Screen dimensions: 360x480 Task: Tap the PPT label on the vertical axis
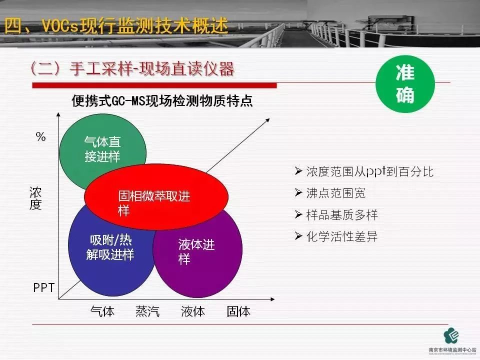[x=43, y=287]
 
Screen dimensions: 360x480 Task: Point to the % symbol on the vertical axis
[x=40, y=136]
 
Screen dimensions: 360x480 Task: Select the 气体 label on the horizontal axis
[x=102, y=311]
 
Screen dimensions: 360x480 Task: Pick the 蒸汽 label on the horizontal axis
[x=147, y=311]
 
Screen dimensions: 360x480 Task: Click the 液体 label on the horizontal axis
[x=193, y=311]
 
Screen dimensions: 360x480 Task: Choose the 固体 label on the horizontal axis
[x=238, y=311]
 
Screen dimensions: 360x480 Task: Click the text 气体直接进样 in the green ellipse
[x=102, y=149]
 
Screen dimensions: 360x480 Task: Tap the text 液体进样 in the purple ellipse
[x=196, y=252]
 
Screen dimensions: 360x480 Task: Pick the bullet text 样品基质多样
[x=342, y=215]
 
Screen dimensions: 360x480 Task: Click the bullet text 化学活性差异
[x=342, y=236]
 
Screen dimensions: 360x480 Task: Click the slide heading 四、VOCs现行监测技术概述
[x=116, y=25]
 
